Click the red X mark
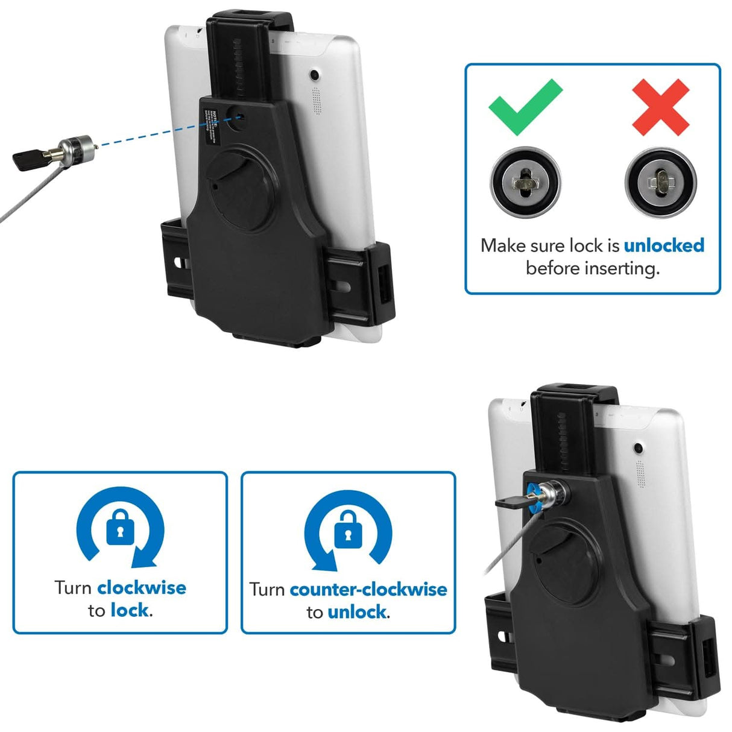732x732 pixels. coord(660,107)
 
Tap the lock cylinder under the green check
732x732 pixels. coord(525,181)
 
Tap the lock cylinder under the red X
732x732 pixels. coord(660,181)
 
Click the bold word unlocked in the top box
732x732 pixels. coord(664,245)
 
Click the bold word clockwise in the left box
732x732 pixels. coord(142,587)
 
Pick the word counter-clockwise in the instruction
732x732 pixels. coord(368,589)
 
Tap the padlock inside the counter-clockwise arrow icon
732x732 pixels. coord(348,528)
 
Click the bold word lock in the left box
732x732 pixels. coord(130,611)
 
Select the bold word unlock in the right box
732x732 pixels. coord(357,613)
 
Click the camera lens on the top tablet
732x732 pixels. coord(314,76)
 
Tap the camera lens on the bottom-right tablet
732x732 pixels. coord(637,448)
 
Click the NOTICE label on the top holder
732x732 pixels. coord(215,121)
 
